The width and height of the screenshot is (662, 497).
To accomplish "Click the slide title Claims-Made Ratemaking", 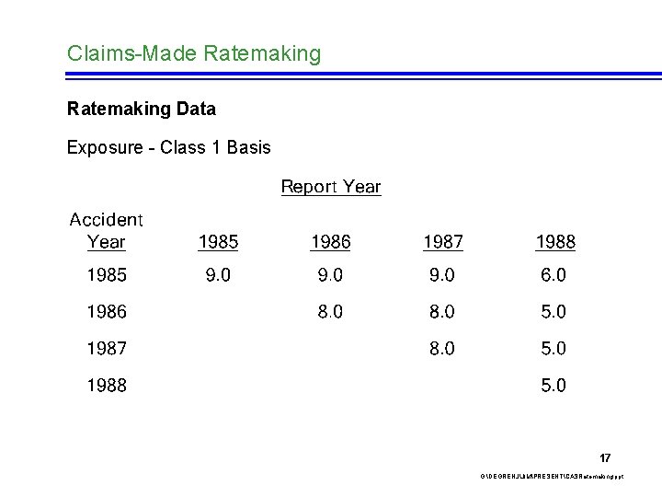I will [194, 54].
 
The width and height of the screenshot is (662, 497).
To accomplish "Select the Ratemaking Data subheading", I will [142, 110].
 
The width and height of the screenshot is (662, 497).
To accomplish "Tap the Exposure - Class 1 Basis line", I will [169, 147].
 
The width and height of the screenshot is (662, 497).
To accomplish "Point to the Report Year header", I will [330, 187].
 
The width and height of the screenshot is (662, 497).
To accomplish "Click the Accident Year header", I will [107, 231].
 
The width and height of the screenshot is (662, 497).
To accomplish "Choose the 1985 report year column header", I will [218, 242].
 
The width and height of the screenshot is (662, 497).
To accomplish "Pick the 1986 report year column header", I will [330, 242].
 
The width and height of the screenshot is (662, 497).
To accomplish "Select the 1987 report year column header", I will [442, 242].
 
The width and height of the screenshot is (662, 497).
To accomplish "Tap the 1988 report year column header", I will [554, 242].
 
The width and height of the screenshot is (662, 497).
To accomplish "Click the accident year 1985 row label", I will [107, 275].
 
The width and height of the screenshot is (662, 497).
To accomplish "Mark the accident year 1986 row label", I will [107, 312].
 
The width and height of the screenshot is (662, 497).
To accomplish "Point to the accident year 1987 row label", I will [107, 349].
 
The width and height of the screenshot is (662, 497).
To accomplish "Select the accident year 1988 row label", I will [107, 386].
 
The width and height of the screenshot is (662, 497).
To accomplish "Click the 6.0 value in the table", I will [554, 275].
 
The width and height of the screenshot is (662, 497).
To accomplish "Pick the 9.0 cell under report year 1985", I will [218, 275].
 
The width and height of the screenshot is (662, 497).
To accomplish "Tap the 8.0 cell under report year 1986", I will [330, 312].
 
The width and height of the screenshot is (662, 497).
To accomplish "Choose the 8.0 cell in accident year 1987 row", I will [442, 349].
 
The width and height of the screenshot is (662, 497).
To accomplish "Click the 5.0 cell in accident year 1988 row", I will [554, 386].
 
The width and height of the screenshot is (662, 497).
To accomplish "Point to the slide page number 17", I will [605, 457].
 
